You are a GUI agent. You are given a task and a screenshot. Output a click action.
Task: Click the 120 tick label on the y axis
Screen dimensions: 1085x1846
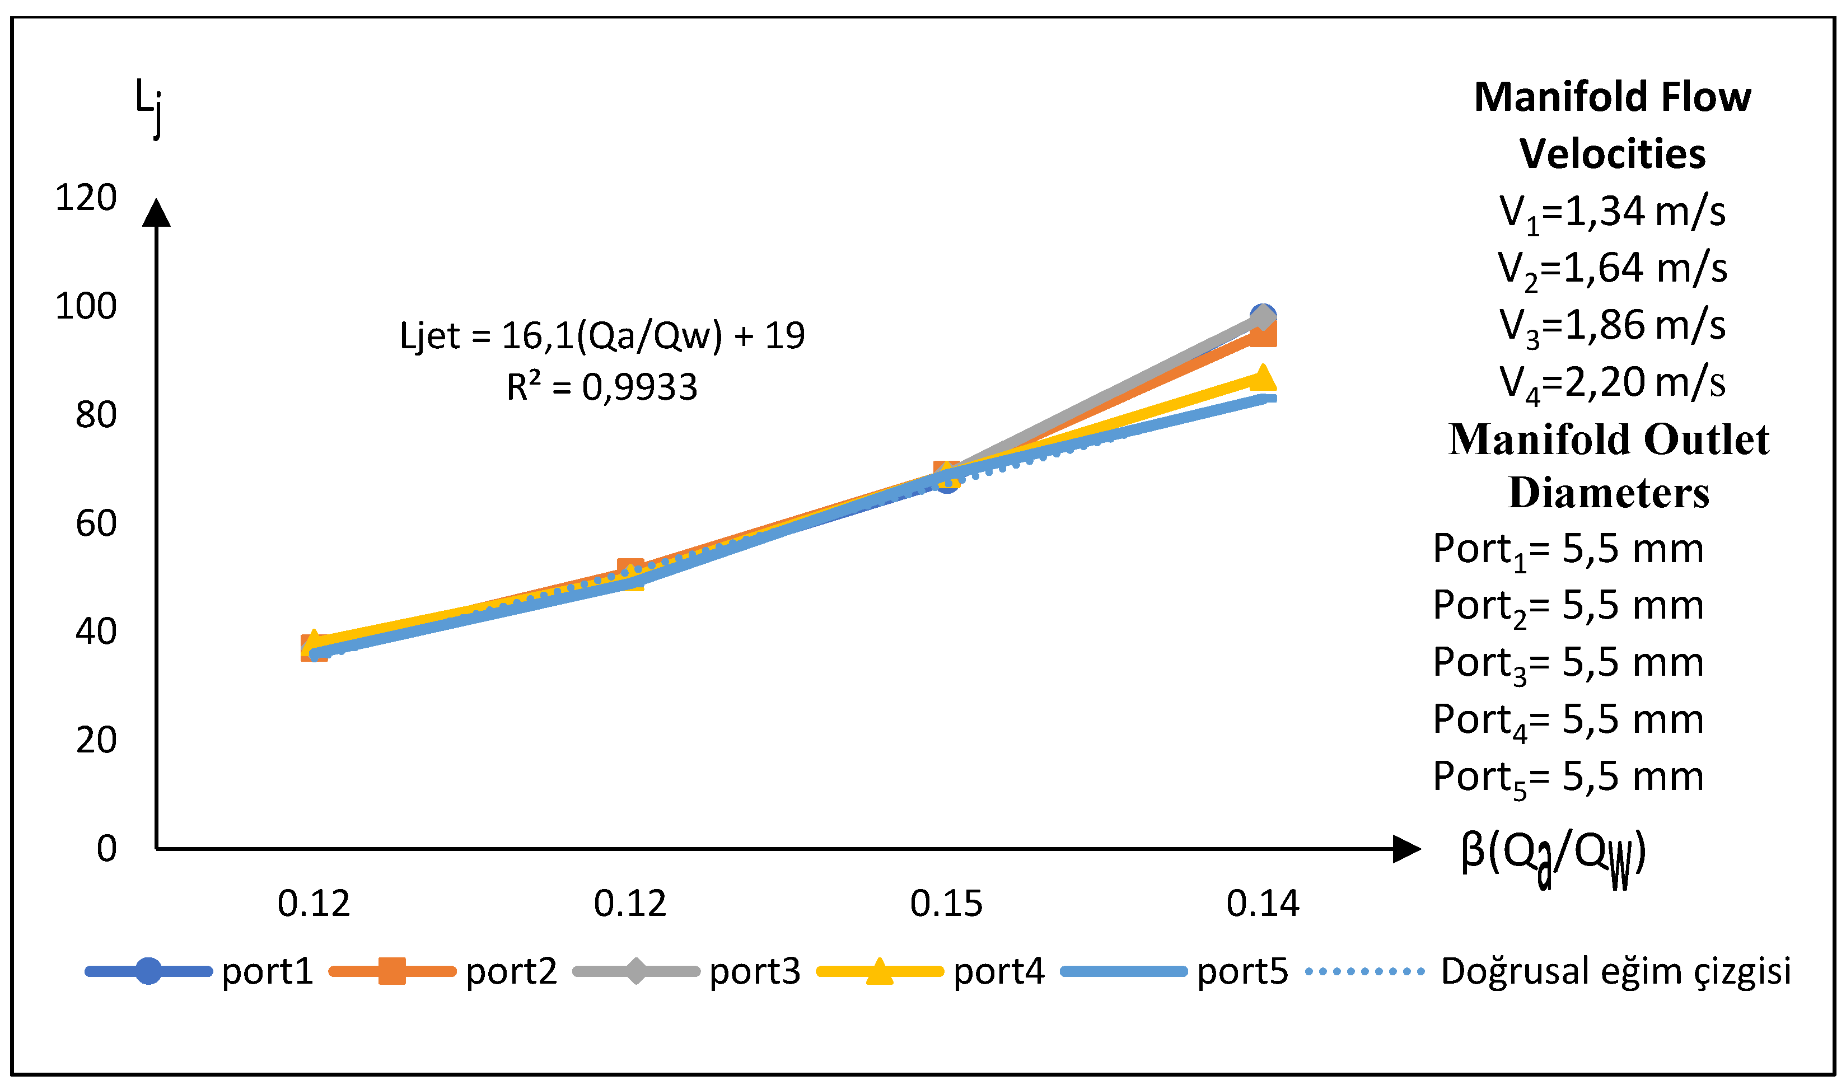[86, 198]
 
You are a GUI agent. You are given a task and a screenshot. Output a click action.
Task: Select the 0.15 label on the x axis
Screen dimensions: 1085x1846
[946, 903]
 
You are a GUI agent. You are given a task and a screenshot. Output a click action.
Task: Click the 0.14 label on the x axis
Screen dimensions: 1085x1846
[1262, 903]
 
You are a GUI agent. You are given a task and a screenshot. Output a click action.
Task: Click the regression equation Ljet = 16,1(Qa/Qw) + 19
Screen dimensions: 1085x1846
[601, 335]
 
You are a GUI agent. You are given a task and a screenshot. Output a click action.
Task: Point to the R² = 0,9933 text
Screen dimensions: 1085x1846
[601, 386]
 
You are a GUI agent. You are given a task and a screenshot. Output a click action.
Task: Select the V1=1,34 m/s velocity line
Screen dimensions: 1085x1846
[1611, 212]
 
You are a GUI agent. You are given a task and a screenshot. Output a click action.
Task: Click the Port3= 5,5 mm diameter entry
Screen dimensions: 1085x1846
[1568, 663]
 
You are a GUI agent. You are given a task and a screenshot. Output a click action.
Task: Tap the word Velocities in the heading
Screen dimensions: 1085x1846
[1611, 154]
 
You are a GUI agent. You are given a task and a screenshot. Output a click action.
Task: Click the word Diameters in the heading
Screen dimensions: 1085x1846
[1609, 492]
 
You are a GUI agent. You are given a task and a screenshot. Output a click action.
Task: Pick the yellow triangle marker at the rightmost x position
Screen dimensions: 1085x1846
[1262, 378]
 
